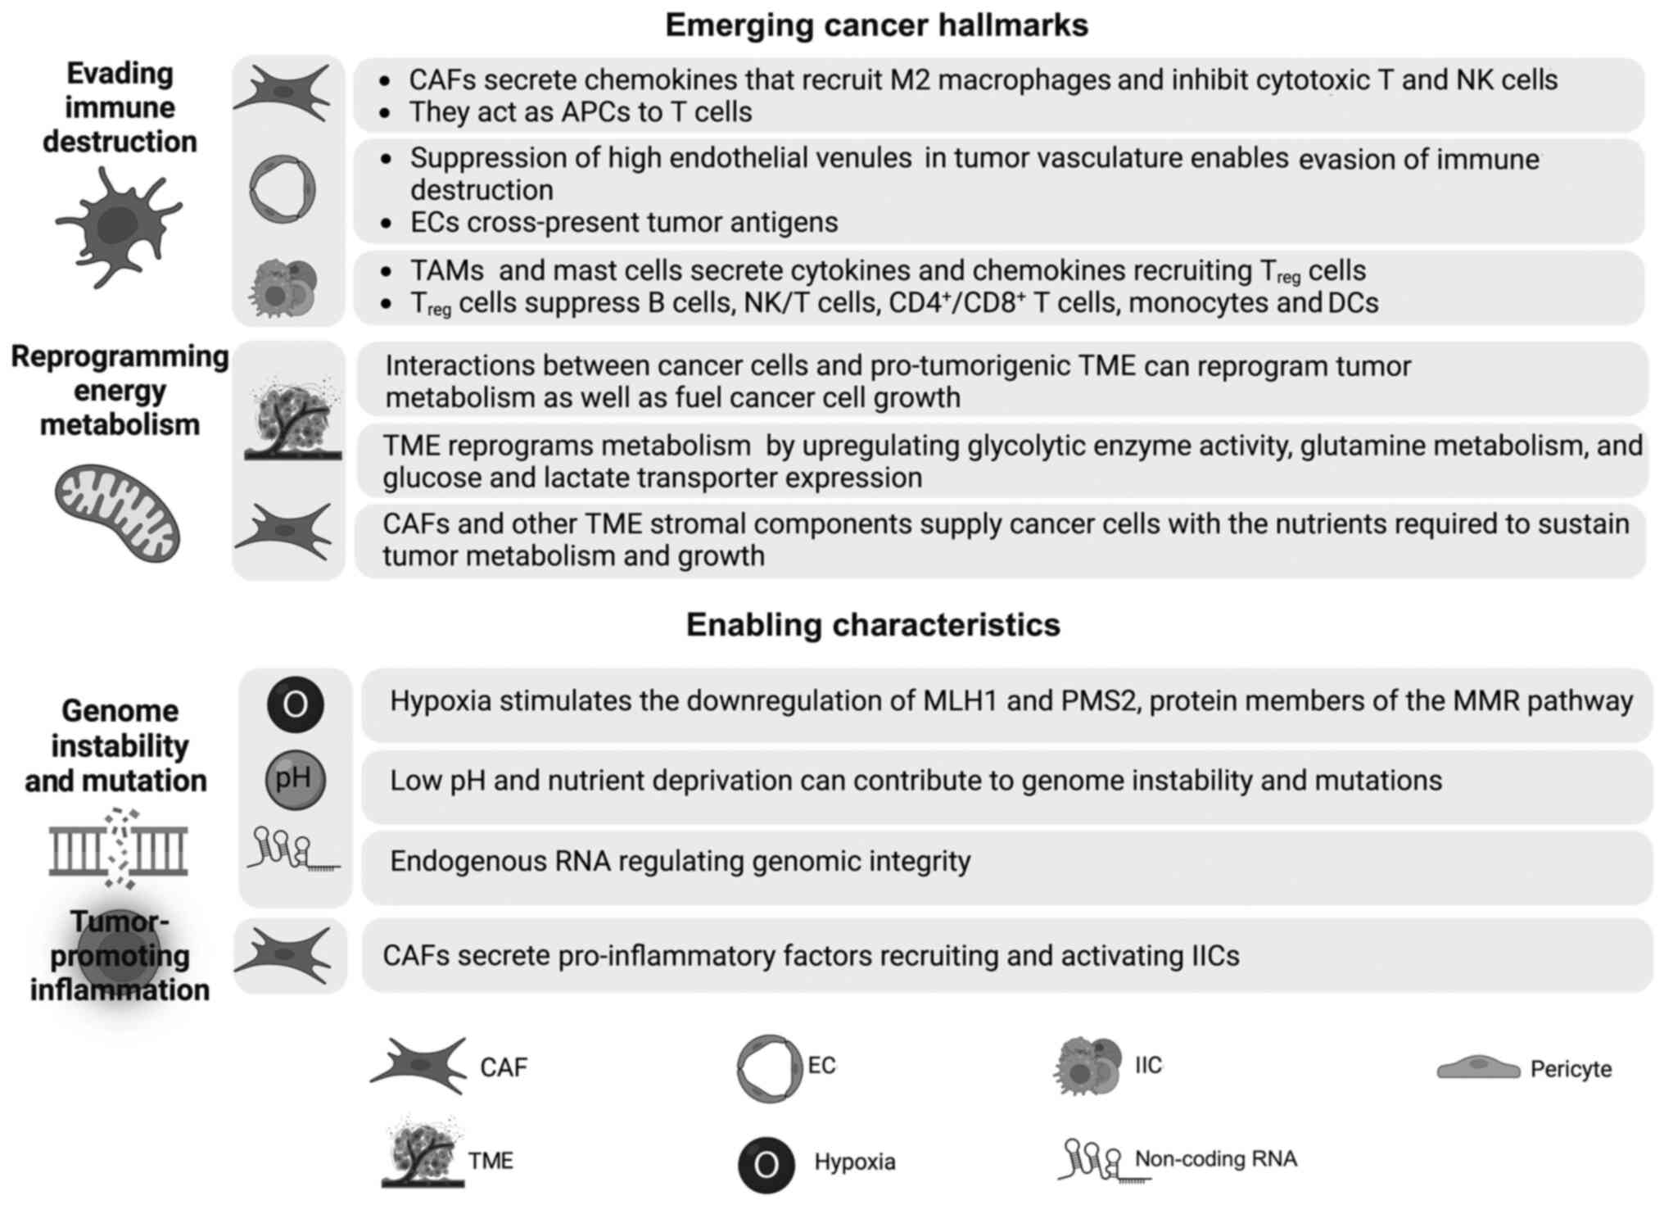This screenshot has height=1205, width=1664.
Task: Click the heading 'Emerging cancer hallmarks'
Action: [876, 25]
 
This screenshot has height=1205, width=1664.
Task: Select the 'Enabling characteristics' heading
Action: [873, 625]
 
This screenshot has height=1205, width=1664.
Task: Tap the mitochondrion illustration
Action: [118, 513]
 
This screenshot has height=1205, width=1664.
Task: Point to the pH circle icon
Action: [295, 779]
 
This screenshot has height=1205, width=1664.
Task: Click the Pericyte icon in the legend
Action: [1478, 1067]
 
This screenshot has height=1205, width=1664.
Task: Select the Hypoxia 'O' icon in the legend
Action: [766, 1164]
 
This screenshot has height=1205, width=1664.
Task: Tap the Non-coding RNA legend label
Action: [1215, 1159]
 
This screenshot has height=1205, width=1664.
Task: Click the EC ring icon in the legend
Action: [767, 1067]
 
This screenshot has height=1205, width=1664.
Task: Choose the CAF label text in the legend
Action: [504, 1067]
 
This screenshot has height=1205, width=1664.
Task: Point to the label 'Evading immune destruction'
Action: [120, 107]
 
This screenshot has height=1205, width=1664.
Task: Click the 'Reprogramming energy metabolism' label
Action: [120, 391]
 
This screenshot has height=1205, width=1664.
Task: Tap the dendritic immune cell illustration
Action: [120, 224]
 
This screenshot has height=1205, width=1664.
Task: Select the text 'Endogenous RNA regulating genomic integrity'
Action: [680, 862]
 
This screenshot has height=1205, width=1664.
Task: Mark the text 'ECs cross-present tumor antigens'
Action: [624, 222]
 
